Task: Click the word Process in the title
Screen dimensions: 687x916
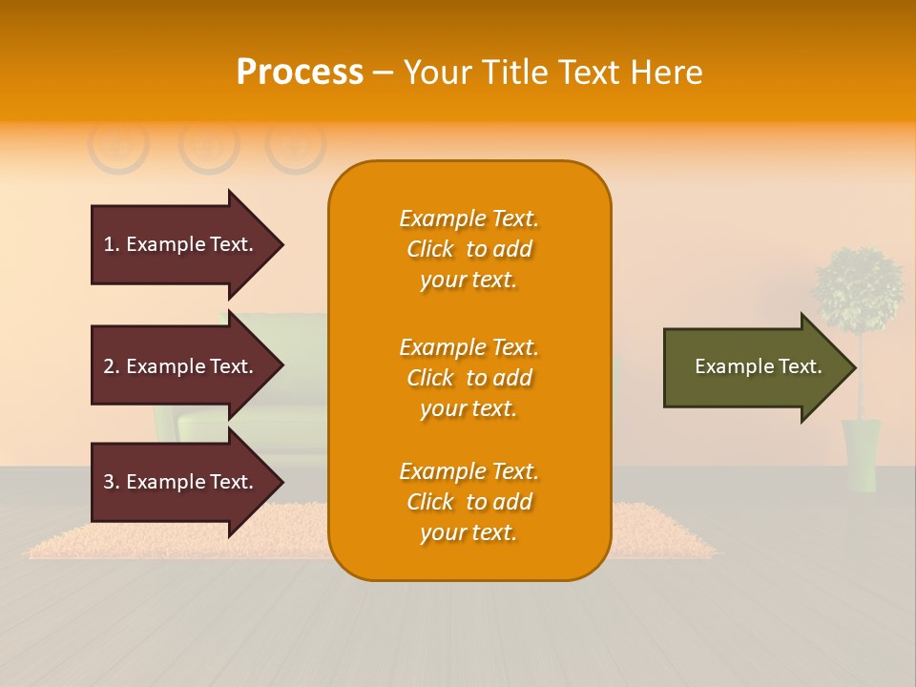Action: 300,73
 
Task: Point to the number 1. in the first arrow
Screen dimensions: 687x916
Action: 112,244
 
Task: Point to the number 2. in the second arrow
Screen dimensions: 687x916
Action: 112,366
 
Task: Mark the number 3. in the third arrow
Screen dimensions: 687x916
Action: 112,482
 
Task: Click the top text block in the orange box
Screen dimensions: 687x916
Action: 468,249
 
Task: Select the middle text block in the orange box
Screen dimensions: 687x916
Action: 468,378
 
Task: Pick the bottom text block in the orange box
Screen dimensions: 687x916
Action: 468,502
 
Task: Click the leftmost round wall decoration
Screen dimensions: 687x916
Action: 118,145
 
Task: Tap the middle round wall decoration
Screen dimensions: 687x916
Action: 208,145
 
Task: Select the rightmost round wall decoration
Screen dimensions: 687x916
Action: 296,145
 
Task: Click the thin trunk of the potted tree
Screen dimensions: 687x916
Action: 860,382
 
